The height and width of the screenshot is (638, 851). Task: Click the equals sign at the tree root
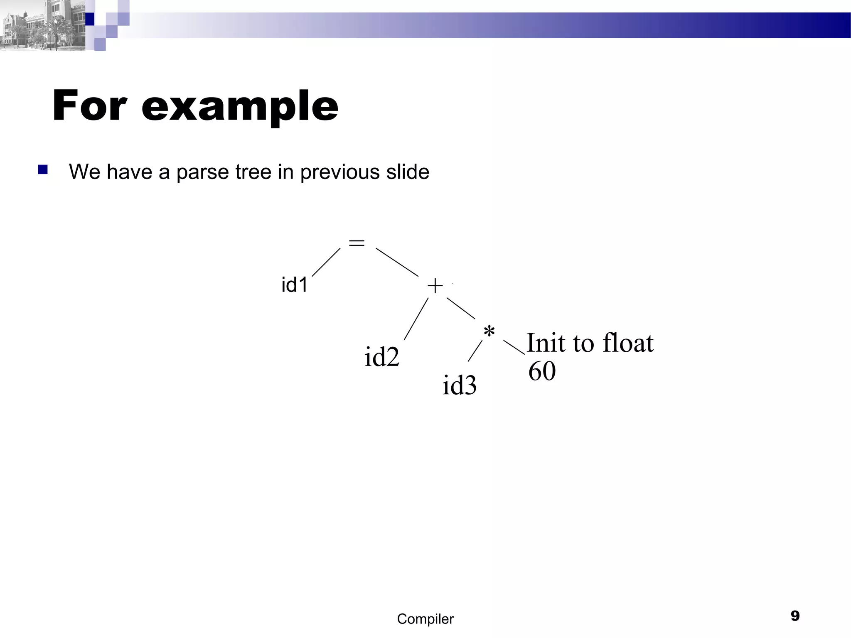coord(357,243)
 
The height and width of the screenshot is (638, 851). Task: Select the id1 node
coord(295,285)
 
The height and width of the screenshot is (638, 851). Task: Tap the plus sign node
coord(435,286)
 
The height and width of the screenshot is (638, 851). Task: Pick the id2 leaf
coord(382,357)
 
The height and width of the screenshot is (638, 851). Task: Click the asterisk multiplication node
coord(489,332)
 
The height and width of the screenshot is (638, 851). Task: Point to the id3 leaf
coord(459,385)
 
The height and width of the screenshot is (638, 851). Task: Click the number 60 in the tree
coord(542,371)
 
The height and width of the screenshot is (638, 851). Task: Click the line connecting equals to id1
coord(326,262)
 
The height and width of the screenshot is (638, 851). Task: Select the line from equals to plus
coord(397,262)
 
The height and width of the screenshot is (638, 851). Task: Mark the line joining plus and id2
coord(416,319)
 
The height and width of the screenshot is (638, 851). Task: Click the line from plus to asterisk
coord(461,309)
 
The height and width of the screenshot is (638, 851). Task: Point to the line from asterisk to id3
coord(475,351)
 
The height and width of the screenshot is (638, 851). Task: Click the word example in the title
coord(240,106)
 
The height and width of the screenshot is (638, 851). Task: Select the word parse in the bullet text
coord(202,172)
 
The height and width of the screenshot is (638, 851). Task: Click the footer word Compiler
coord(425,619)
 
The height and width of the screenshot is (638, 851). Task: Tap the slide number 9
coord(795,616)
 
